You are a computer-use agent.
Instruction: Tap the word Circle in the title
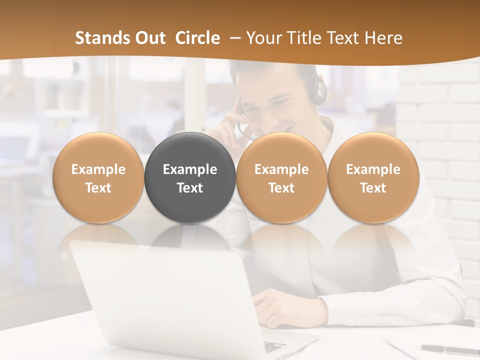(x=197, y=38)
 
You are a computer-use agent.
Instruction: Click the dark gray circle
(x=190, y=177)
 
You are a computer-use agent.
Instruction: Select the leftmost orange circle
(x=98, y=177)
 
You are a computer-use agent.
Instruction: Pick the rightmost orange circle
(x=373, y=177)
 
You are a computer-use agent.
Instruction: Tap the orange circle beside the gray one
(x=281, y=177)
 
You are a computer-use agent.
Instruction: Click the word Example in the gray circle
(x=190, y=169)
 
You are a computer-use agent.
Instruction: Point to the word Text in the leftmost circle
(x=98, y=188)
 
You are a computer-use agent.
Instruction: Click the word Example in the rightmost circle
(x=373, y=169)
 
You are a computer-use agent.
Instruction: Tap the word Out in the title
(x=149, y=38)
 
